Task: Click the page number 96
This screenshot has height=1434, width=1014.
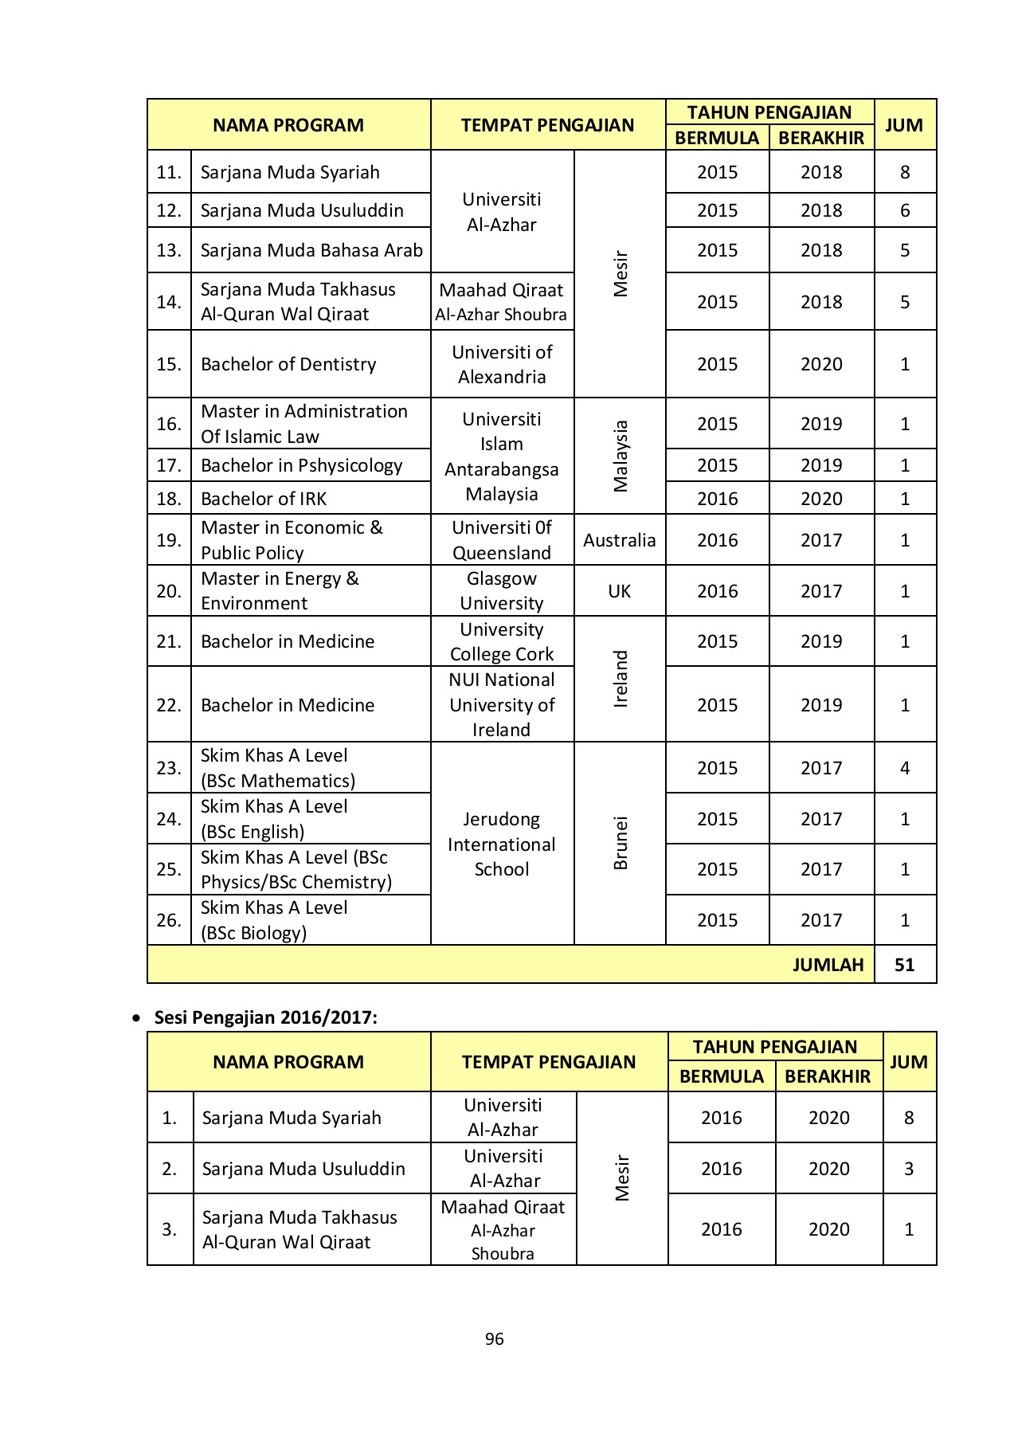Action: click(x=494, y=1338)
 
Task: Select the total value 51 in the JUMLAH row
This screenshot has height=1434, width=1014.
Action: click(x=904, y=965)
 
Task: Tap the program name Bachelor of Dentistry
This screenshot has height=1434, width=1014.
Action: click(x=288, y=364)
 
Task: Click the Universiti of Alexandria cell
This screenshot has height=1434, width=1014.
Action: click(x=502, y=364)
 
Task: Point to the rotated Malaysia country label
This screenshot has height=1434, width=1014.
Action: click(x=621, y=456)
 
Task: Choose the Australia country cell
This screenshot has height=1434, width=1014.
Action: click(x=619, y=540)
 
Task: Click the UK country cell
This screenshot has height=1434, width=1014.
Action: click(x=619, y=591)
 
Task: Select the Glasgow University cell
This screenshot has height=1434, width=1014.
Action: click(x=502, y=591)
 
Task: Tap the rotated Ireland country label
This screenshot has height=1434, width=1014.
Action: click(x=621, y=679)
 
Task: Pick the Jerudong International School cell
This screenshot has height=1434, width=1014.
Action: click(x=502, y=844)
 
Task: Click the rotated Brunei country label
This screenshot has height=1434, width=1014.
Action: click(x=621, y=843)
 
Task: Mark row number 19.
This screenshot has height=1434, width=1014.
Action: click(x=169, y=540)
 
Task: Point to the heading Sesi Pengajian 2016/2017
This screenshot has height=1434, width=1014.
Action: click(x=265, y=1017)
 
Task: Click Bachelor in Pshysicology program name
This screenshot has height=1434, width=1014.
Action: click(x=301, y=465)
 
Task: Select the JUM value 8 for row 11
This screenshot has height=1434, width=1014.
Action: click(x=904, y=172)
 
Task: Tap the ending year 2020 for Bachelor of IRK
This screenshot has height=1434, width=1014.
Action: click(x=821, y=499)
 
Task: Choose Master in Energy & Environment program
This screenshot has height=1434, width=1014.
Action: click(x=280, y=591)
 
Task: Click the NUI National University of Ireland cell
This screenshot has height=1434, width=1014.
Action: click(x=502, y=704)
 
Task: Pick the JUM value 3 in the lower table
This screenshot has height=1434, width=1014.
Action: click(x=908, y=1169)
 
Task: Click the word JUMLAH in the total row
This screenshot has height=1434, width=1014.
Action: click(x=828, y=965)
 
